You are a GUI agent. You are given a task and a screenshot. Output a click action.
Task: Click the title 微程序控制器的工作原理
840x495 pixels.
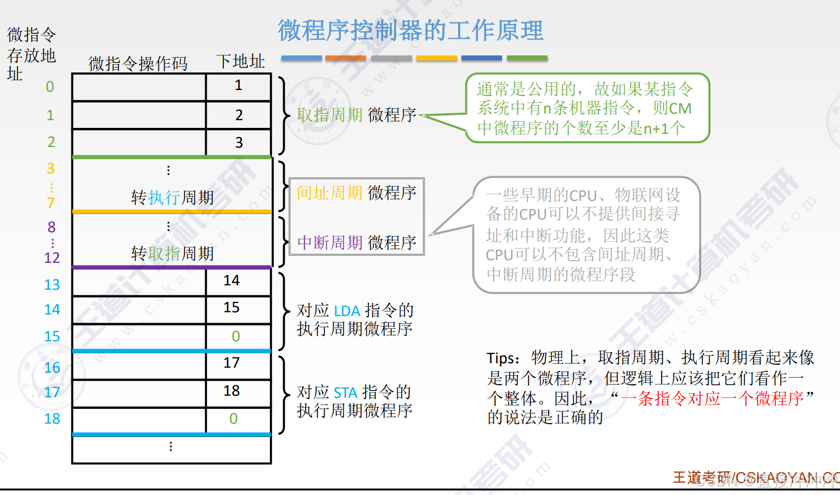[x=410, y=31]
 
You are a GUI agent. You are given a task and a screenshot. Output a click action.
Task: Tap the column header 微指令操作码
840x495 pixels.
[x=138, y=64]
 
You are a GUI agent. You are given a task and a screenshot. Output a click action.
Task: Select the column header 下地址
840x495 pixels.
[x=240, y=61]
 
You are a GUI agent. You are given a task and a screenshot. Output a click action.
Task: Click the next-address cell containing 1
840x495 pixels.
[x=238, y=86]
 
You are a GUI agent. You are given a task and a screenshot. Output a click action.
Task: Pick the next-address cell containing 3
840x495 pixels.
[x=239, y=143]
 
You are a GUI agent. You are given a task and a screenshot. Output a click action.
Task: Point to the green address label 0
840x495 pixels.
[x=50, y=87]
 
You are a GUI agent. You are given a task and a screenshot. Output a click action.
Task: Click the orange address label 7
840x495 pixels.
[x=50, y=203]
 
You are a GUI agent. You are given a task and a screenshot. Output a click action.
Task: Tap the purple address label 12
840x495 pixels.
[x=52, y=258]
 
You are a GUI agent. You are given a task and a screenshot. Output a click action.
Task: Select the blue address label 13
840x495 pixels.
[x=52, y=285]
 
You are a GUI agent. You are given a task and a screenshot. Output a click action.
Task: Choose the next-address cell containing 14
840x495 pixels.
[x=232, y=280]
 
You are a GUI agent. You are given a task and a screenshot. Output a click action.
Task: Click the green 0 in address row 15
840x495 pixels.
[x=236, y=336]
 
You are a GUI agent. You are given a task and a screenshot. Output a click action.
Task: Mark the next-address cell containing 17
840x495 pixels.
[x=232, y=363]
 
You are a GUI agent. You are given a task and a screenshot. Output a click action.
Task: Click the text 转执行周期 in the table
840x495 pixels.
[x=172, y=198]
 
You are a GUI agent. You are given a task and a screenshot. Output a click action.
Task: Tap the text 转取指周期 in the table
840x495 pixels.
[x=172, y=254]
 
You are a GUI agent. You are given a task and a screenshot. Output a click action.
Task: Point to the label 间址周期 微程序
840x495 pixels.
[x=357, y=193]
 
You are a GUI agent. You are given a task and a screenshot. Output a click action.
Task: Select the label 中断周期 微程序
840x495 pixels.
[x=357, y=242]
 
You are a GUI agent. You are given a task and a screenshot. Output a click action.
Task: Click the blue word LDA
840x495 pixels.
[x=347, y=311]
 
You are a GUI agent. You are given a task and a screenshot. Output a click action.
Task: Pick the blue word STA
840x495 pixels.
[x=346, y=393]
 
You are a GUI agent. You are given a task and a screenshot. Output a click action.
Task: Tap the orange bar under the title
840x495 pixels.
[x=345, y=58]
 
